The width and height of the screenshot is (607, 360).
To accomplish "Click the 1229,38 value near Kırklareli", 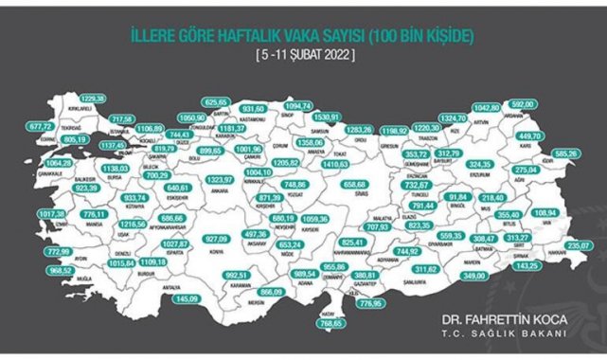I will [93, 99].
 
